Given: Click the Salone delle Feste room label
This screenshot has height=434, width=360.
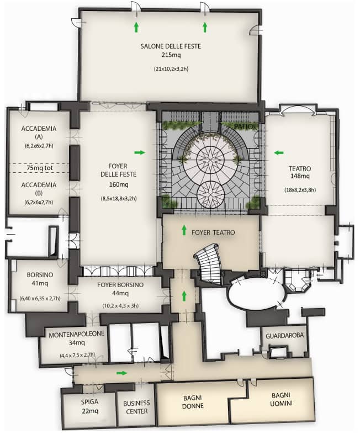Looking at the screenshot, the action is pyautogui.click(x=171, y=46).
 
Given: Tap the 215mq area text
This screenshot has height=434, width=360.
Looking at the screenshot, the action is pyautogui.click(x=171, y=55).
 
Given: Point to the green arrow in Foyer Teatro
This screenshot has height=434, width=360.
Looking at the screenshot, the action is pyautogui.click(x=184, y=230).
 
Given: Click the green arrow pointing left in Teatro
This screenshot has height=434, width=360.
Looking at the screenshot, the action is pyautogui.click(x=279, y=152).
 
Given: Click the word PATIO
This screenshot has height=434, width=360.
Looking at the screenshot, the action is pyautogui.click(x=244, y=126).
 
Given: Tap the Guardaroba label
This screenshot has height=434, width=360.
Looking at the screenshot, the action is pyautogui.click(x=284, y=336).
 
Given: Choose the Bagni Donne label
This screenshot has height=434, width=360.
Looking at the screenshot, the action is pyautogui.click(x=193, y=402).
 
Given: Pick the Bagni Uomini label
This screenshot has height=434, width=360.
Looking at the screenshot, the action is pyautogui.click(x=281, y=399).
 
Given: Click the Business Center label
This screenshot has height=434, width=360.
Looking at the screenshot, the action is pyautogui.click(x=136, y=407).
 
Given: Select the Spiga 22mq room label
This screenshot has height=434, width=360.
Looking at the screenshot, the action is pyautogui.click(x=89, y=406).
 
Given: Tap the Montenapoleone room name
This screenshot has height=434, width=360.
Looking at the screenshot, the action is pyautogui.click(x=76, y=334).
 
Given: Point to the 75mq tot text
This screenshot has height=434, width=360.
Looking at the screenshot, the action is pyautogui.click(x=40, y=168).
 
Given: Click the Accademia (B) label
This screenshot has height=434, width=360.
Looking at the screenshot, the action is pyautogui.click(x=39, y=189).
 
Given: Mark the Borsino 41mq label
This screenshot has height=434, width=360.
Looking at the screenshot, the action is pyautogui.click(x=40, y=279).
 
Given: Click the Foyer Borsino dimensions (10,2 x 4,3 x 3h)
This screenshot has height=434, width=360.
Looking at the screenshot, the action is pyautogui.click(x=120, y=306).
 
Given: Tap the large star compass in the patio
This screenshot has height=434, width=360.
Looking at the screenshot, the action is pyautogui.click(x=210, y=160).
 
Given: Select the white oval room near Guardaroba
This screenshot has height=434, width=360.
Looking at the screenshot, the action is pyautogui.click(x=256, y=294).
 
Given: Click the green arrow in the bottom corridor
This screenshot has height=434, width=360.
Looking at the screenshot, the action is pyautogui.click(x=122, y=373).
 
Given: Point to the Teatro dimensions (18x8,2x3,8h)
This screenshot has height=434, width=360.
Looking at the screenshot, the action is pyautogui.click(x=300, y=190).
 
